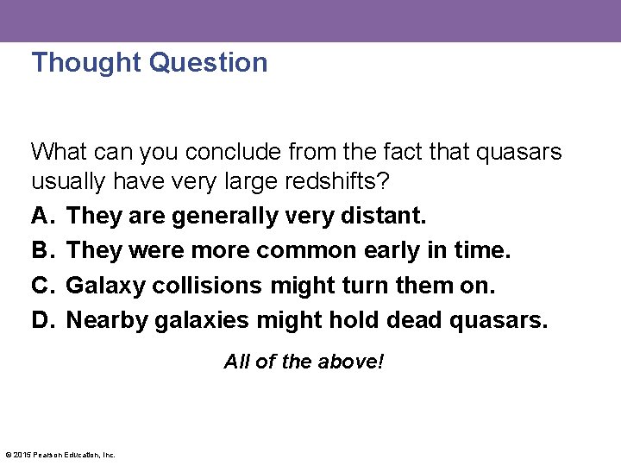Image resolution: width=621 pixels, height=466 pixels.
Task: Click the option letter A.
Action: [x=41, y=215]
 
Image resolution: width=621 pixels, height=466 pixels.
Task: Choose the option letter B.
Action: [x=41, y=250]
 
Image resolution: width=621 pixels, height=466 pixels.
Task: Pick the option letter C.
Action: [x=41, y=285]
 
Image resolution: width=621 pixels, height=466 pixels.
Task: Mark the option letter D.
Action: [x=41, y=320]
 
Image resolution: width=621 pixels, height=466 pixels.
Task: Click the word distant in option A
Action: [x=382, y=215]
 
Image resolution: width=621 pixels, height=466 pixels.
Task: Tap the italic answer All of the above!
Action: [x=304, y=362]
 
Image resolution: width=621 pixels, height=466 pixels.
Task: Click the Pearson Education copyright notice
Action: [x=60, y=455]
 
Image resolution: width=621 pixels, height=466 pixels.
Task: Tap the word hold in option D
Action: [x=355, y=320]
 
